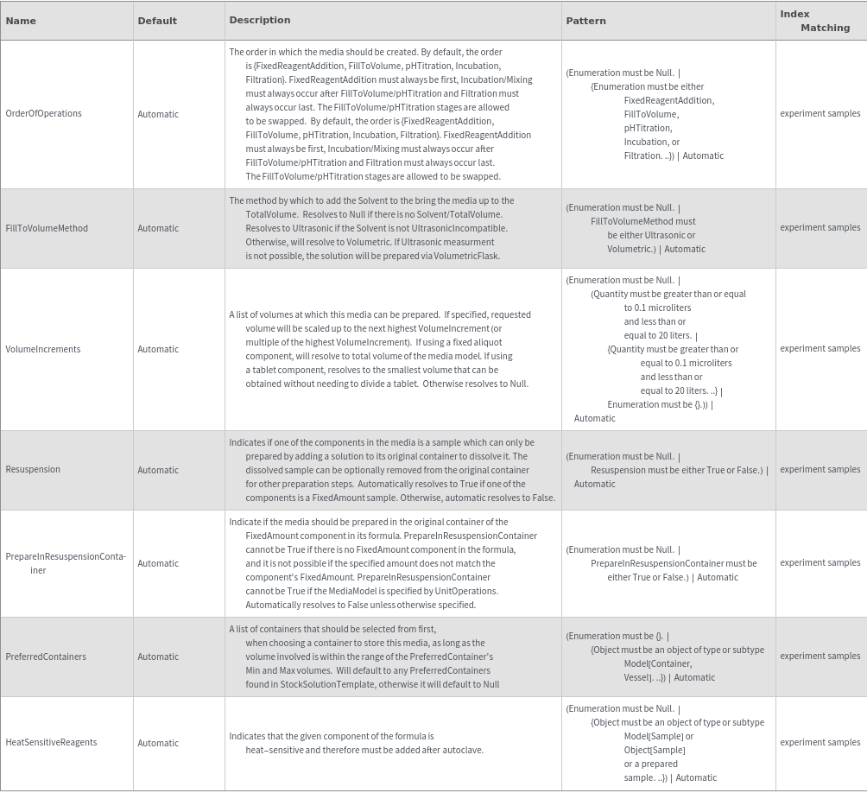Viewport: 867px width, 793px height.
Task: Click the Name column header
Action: pos(21,21)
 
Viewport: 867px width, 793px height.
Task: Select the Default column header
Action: pos(157,21)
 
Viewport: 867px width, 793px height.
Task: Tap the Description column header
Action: pos(260,20)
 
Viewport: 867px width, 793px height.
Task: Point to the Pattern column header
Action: pos(586,21)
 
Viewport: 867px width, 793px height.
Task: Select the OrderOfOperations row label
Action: pos(43,113)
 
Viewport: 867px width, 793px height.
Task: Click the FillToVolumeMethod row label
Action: pos(47,228)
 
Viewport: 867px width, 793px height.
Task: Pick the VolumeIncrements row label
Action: pos(43,349)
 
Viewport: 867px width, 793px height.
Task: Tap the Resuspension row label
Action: pos(33,470)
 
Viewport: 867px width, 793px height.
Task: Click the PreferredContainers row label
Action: pos(46,657)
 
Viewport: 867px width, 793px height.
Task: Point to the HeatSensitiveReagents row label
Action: pos(51,743)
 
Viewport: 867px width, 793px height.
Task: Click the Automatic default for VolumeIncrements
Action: pos(158,349)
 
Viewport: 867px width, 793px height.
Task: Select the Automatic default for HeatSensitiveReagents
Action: pos(158,743)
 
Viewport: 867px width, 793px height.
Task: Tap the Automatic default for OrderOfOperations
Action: pos(158,114)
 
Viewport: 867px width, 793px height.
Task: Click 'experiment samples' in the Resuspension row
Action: pos(820,470)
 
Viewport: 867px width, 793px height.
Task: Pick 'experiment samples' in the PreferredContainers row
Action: pos(820,657)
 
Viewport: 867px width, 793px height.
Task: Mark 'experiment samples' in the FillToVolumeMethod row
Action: pos(820,228)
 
